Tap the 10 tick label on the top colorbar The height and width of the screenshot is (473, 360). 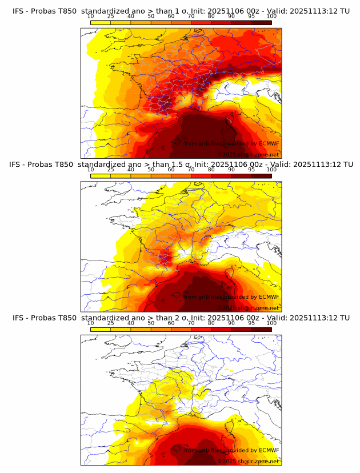(x=90, y=17)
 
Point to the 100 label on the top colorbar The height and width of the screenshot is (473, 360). (x=271, y=17)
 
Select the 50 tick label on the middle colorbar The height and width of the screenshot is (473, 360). (x=150, y=170)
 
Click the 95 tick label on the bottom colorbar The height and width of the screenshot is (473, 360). (x=251, y=323)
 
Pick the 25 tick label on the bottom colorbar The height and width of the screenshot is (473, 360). (x=110, y=323)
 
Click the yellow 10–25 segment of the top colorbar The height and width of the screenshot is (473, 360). (x=100, y=22)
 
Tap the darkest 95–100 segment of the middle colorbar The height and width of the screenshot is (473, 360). (x=261, y=176)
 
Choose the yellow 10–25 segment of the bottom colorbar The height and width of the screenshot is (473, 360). (x=100, y=329)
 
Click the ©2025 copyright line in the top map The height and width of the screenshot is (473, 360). (x=248, y=154)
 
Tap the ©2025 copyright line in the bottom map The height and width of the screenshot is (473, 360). (x=248, y=461)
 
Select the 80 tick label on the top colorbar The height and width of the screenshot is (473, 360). (x=211, y=17)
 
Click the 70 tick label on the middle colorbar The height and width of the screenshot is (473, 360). (x=191, y=170)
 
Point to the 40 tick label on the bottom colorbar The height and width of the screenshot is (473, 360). (x=130, y=323)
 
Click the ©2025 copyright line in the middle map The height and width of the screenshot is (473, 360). (x=248, y=307)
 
